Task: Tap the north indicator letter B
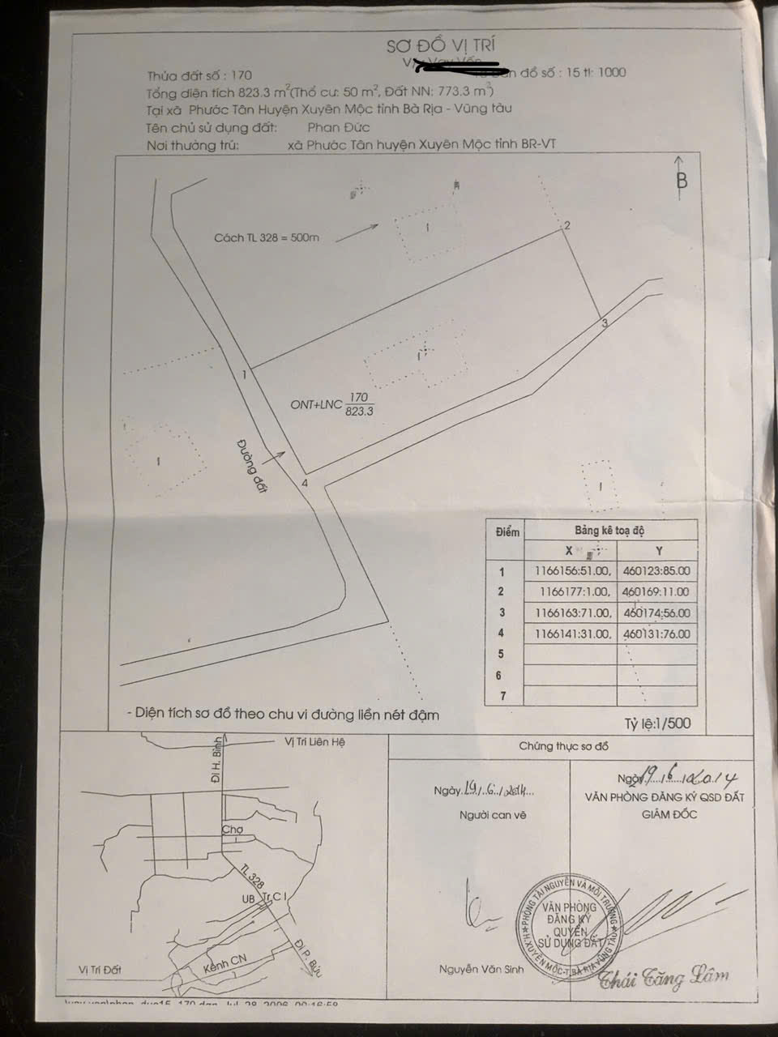tap(682, 181)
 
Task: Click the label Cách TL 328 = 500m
tap(267, 238)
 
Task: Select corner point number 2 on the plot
tap(567, 226)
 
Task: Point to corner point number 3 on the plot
tap(604, 324)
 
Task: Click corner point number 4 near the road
tap(305, 483)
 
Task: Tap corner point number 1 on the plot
tap(243, 374)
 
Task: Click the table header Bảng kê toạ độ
tap(609, 531)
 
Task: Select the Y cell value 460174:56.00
tap(657, 613)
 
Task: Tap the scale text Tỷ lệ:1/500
tap(658, 723)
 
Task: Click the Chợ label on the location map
tap(233, 830)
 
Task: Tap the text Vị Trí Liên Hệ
tap(319, 741)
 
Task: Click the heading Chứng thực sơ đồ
tap(563, 746)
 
